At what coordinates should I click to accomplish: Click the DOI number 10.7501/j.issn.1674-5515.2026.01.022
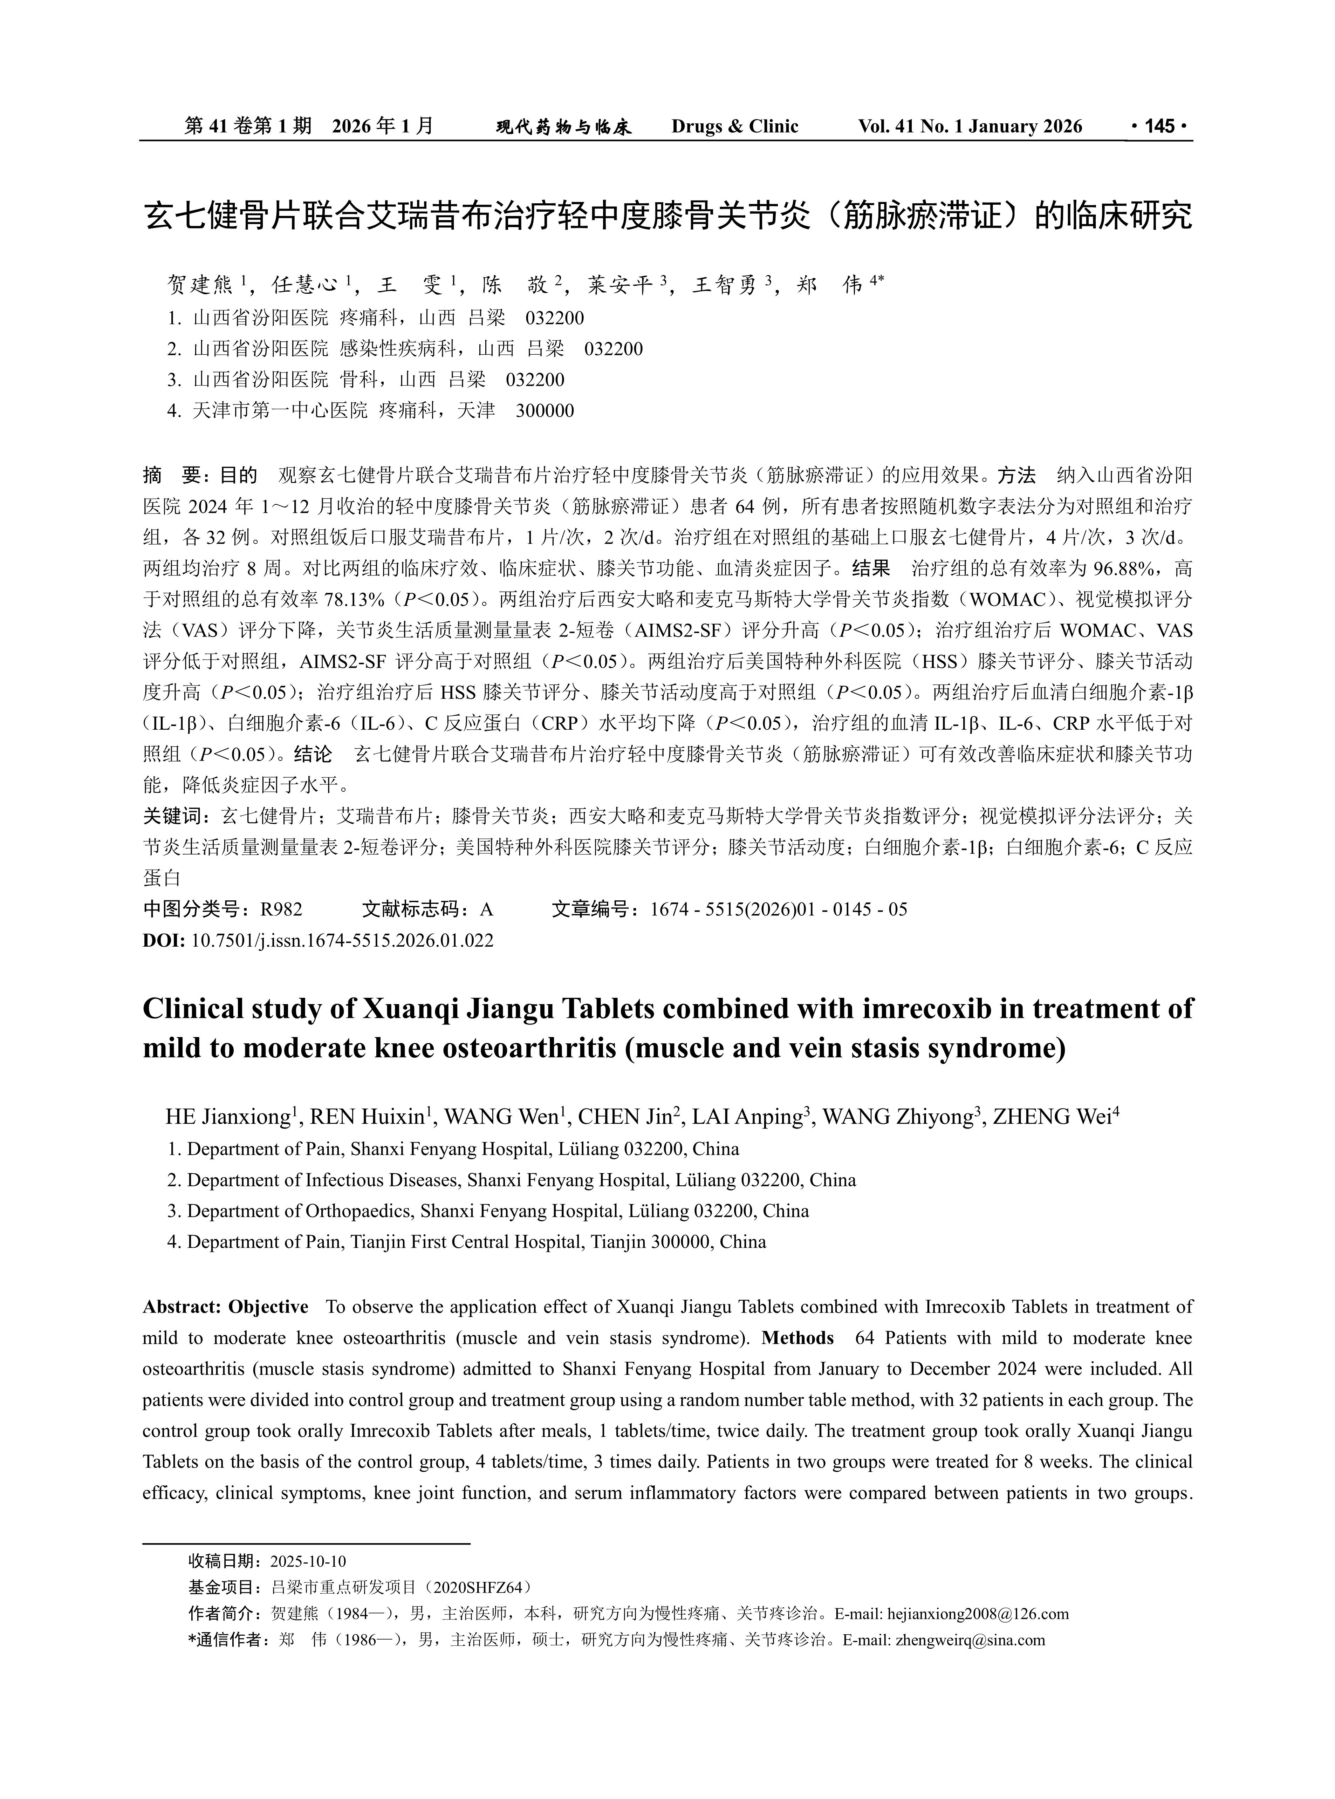coord(342,940)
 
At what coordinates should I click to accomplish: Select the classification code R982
coord(281,909)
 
